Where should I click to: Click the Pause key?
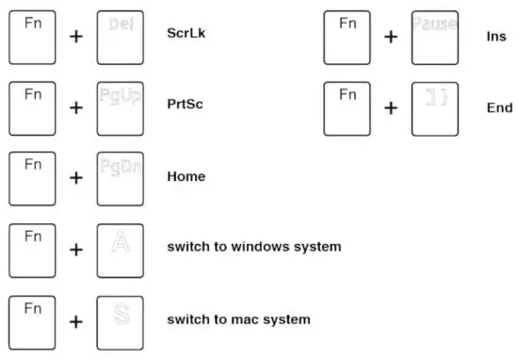pyautogui.click(x=434, y=35)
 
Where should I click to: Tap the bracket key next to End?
pyautogui.click(x=434, y=106)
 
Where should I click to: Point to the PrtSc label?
pyautogui.click(x=186, y=105)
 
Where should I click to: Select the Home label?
pyautogui.click(x=186, y=176)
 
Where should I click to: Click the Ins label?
pyautogui.click(x=495, y=36)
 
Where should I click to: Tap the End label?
pyautogui.click(x=499, y=107)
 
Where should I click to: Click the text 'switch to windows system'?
pyautogui.click(x=253, y=247)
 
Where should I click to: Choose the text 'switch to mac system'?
pyautogui.click(x=238, y=319)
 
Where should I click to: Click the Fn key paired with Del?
pyautogui.click(x=32, y=35)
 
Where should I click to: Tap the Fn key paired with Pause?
pyautogui.click(x=347, y=35)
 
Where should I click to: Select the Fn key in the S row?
pyautogui.click(x=32, y=319)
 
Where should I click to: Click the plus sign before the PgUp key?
pyautogui.click(x=76, y=108)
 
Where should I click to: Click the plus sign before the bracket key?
pyautogui.click(x=390, y=108)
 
